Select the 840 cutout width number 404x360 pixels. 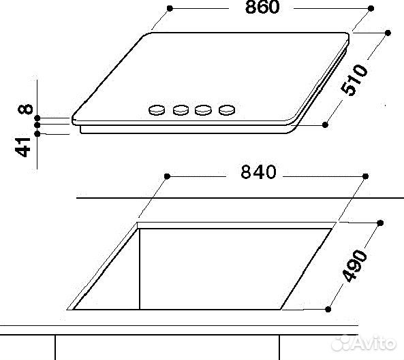258,174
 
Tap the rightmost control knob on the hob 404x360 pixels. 226,109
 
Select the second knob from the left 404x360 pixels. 181,109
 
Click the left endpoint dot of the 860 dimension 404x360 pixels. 168,9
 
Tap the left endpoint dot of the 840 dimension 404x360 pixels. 166,176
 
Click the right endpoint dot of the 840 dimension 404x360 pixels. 367,176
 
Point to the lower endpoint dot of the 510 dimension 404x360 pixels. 326,125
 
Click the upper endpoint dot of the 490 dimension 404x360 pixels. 380,223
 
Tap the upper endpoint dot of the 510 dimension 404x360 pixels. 388,32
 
